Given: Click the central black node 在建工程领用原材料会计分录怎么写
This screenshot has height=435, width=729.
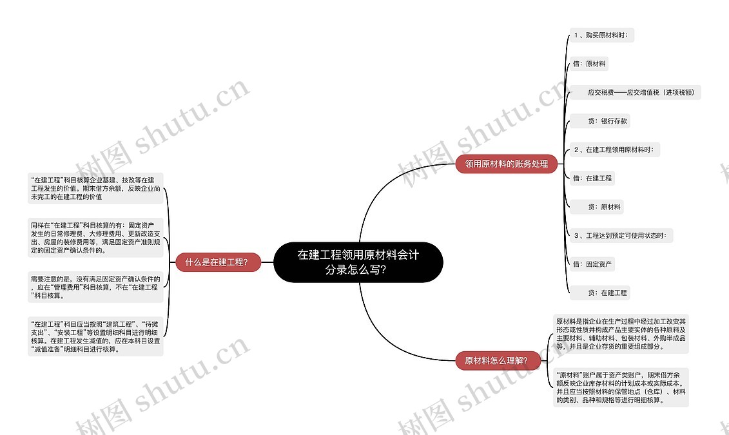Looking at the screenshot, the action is [358, 262].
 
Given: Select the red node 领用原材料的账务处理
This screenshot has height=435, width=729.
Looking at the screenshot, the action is [506, 164].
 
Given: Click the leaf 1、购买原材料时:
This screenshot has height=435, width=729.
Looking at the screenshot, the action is [600, 35].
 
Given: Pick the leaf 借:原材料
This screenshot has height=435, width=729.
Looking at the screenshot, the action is [589, 64].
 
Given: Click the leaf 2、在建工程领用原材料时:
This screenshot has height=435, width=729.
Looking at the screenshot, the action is [613, 150].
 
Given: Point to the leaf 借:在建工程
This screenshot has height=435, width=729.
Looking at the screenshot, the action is [592, 178].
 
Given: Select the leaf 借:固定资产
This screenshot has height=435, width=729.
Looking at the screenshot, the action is [592, 264].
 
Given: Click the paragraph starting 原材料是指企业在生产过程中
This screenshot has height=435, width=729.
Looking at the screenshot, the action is [621, 333].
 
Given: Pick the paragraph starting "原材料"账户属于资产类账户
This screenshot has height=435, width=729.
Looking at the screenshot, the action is [621, 387].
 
